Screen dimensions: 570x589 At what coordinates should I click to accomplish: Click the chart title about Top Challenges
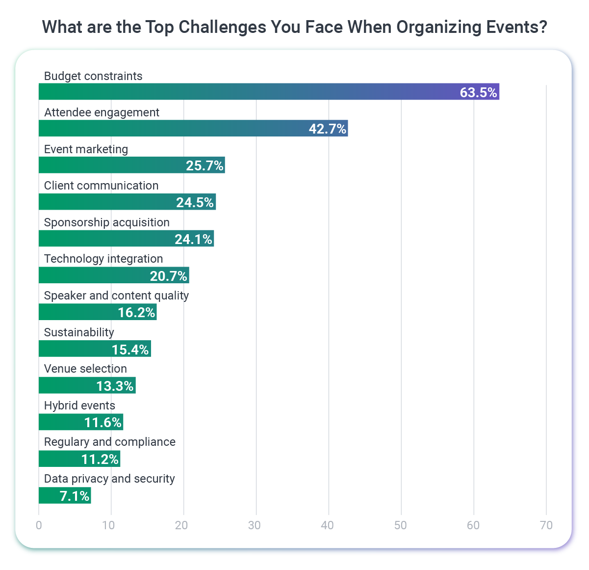[294, 27]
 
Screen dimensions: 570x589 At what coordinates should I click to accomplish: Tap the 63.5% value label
[478, 92]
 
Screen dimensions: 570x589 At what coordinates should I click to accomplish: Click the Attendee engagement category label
[102, 112]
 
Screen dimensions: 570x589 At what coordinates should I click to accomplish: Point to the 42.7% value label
[327, 129]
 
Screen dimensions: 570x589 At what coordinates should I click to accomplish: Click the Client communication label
[101, 186]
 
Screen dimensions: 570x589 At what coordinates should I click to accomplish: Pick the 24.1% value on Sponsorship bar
[193, 239]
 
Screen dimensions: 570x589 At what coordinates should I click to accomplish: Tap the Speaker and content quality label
[116, 296]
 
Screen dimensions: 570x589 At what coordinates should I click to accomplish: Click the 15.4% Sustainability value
[130, 350]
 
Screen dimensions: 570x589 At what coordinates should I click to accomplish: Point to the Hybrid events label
[79, 406]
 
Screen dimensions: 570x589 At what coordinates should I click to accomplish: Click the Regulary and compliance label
[109, 442]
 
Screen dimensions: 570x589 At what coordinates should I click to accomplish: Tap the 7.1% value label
[75, 496]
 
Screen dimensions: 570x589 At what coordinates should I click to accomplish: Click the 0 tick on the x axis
[39, 525]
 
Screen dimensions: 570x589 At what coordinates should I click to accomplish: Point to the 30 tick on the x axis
[255, 525]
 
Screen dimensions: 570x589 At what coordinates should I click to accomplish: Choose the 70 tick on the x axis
[546, 525]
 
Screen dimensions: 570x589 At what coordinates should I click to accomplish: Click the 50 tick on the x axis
[400, 525]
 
